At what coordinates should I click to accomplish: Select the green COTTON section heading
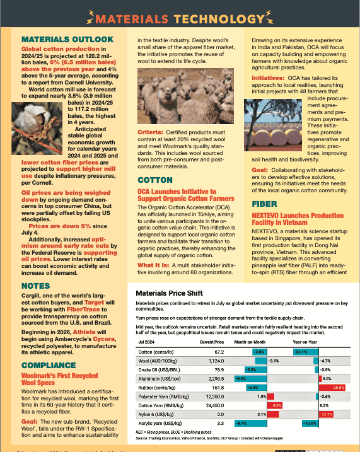[x=154, y=180]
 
